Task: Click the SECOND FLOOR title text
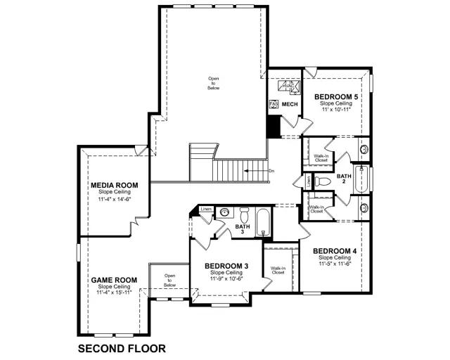coord(121,348)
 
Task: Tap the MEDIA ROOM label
coord(114,186)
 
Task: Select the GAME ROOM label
coord(113,280)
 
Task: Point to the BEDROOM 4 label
coord(335,252)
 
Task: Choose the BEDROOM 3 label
coord(226,266)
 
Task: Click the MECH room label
coord(290,104)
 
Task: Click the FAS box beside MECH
coord(274,104)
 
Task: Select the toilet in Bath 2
coord(323,181)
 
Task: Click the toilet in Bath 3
coord(245,214)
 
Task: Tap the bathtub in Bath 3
coord(262,224)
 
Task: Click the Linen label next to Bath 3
coord(206,210)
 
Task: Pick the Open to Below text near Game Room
coord(169,280)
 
